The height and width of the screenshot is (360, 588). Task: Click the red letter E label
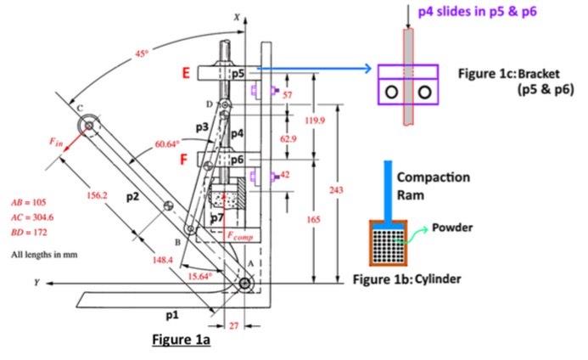pos(186,74)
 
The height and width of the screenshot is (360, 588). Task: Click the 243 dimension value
pos(335,190)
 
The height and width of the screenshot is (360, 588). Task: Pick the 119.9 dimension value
pos(314,121)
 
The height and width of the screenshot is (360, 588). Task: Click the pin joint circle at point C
pos(86,127)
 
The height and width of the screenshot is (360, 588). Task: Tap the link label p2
pos(132,197)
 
